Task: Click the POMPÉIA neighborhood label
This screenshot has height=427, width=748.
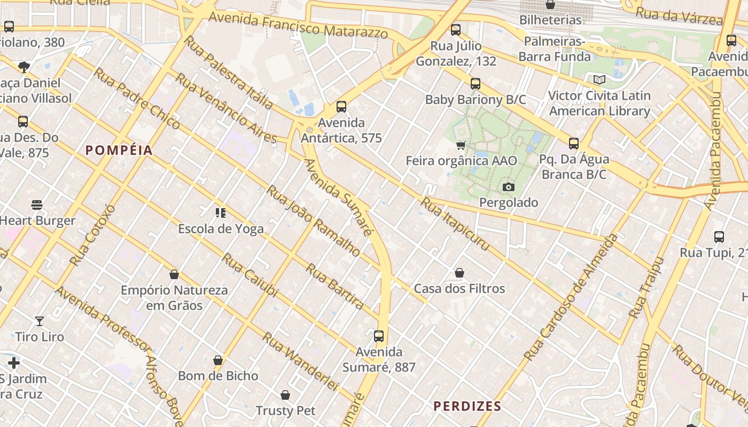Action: pos(119,151)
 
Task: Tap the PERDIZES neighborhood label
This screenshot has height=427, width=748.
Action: pos(467,406)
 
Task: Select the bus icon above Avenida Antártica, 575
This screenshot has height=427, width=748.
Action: pos(341,107)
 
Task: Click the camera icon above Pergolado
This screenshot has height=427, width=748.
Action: pos(509,187)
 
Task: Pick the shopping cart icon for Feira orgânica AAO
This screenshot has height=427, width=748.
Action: pos(461,145)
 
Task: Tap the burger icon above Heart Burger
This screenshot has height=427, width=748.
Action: pos(37,205)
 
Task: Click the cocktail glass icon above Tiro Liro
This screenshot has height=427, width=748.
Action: pos(40,321)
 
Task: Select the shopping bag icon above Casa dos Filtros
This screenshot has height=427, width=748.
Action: pos(459,273)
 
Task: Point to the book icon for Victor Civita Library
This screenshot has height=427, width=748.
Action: pos(599,80)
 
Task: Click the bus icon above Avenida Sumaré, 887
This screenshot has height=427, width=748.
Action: pos(379,336)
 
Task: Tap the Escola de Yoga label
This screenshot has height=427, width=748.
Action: pos(221,229)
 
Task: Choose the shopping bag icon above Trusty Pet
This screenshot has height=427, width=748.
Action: pos(285,395)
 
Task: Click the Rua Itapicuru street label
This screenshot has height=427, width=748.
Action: pos(455,224)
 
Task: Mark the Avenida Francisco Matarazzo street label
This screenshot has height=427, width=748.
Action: pos(298,25)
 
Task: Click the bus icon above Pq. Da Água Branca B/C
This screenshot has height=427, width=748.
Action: pos(574,144)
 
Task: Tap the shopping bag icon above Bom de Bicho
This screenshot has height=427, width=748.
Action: pos(218,360)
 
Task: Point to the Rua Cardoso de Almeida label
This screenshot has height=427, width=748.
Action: pos(571,297)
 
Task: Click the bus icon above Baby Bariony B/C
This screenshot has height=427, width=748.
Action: pos(476,84)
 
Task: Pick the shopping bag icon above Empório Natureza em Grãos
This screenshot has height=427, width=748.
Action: pos(174,275)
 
